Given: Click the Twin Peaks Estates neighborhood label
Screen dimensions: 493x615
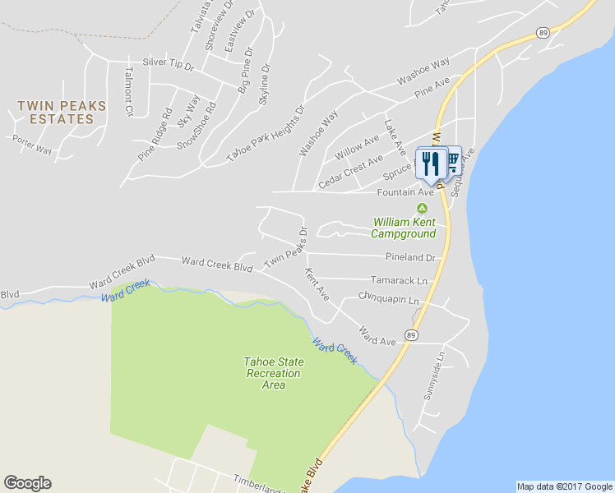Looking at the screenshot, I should [55, 112].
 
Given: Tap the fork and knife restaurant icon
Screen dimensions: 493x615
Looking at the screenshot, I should [430, 163].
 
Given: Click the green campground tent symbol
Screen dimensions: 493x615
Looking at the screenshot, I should [423, 208].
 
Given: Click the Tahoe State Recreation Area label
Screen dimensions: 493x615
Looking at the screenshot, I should [274, 373].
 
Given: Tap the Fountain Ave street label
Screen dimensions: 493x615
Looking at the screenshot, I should [405, 192].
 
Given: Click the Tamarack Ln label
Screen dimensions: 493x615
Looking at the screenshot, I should [399, 280].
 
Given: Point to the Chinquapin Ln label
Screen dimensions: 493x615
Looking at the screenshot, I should [389, 300].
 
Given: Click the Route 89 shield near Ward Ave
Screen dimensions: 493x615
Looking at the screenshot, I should [411, 335].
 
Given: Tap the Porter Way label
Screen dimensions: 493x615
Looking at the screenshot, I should [32, 145].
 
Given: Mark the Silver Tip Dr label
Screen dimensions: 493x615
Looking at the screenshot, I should [167, 62].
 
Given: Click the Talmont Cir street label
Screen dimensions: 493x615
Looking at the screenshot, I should [128, 90].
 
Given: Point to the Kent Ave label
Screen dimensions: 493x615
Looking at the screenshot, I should [317, 283].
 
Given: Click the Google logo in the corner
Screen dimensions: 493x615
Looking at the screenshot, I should [27, 483].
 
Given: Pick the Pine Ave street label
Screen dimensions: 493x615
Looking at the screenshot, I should [432, 88].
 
